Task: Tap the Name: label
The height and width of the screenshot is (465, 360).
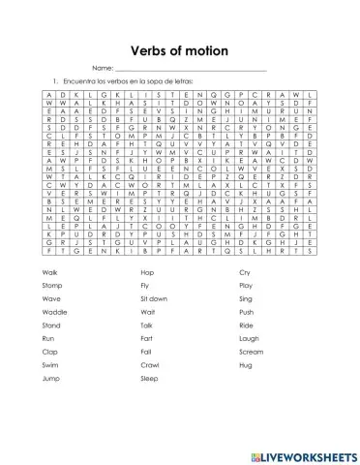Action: pyautogui.click(x=103, y=68)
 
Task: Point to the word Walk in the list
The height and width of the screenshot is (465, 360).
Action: pyautogui.click(x=51, y=274)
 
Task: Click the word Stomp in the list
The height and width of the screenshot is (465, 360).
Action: pyautogui.click(x=53, y=287)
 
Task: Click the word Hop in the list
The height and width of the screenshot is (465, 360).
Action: pyautogui.click(x=147, y=274)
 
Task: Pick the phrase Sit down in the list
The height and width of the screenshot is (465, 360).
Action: pyautogui.click(x=154, y=300)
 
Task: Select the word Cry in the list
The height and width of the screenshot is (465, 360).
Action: pyautogui.click(x=244, y=274)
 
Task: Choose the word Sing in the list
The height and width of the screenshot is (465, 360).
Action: pyautogui.click(x=246, y=300)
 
